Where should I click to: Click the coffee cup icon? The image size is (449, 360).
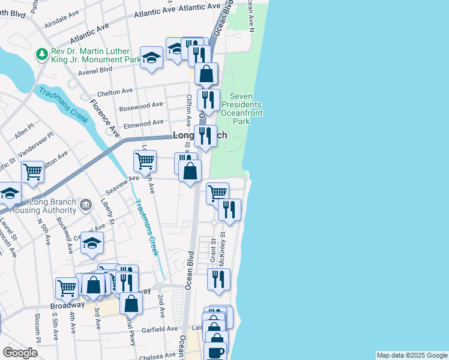(x=215, y=352)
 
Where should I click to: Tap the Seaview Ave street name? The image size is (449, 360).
(x=122, y=178)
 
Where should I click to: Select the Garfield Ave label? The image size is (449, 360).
(x=160, y=329)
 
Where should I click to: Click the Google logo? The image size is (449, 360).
(x=20, y=353)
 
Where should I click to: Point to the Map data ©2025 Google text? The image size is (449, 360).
(x=411, y=355)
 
